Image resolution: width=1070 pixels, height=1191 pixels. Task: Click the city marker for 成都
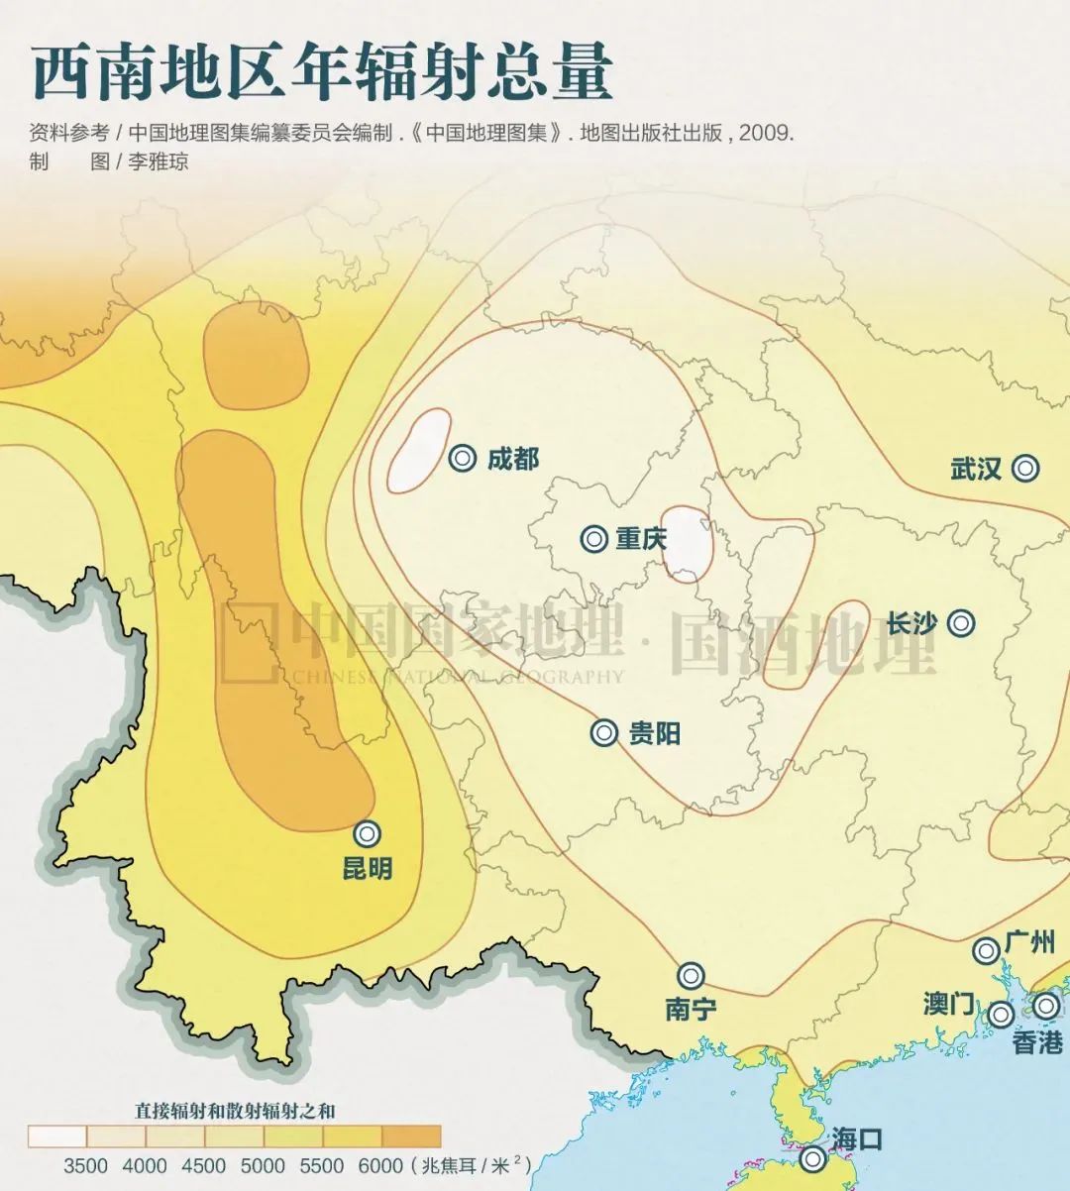click(462, 458)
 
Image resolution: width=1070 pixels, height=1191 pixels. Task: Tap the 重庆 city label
click(641, 539)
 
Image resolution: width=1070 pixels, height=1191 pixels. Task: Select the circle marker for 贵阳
click(604, 733)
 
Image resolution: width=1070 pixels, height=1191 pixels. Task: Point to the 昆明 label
click(367, 868)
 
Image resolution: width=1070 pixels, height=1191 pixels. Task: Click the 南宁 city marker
click(691, 975)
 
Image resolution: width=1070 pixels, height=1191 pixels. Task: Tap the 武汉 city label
click(976, 469)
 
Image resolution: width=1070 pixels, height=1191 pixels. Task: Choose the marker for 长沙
click(960, 623)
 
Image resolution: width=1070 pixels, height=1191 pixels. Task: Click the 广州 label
click(1029, 941)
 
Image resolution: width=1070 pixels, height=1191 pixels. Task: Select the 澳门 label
click(948, 1004)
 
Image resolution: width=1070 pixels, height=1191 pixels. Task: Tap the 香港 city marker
click(1046, 1007)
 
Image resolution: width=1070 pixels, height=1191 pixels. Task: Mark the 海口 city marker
click(813, 1158)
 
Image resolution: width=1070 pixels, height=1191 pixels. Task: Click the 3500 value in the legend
click(86, 1165)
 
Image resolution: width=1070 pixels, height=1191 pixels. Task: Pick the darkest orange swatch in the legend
click(411, 1136)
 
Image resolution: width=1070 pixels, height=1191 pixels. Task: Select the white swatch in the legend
click(57, 1136)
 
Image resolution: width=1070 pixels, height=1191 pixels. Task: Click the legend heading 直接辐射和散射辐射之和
click(235, 1109)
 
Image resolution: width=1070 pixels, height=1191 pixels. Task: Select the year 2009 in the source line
click(765, 132)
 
